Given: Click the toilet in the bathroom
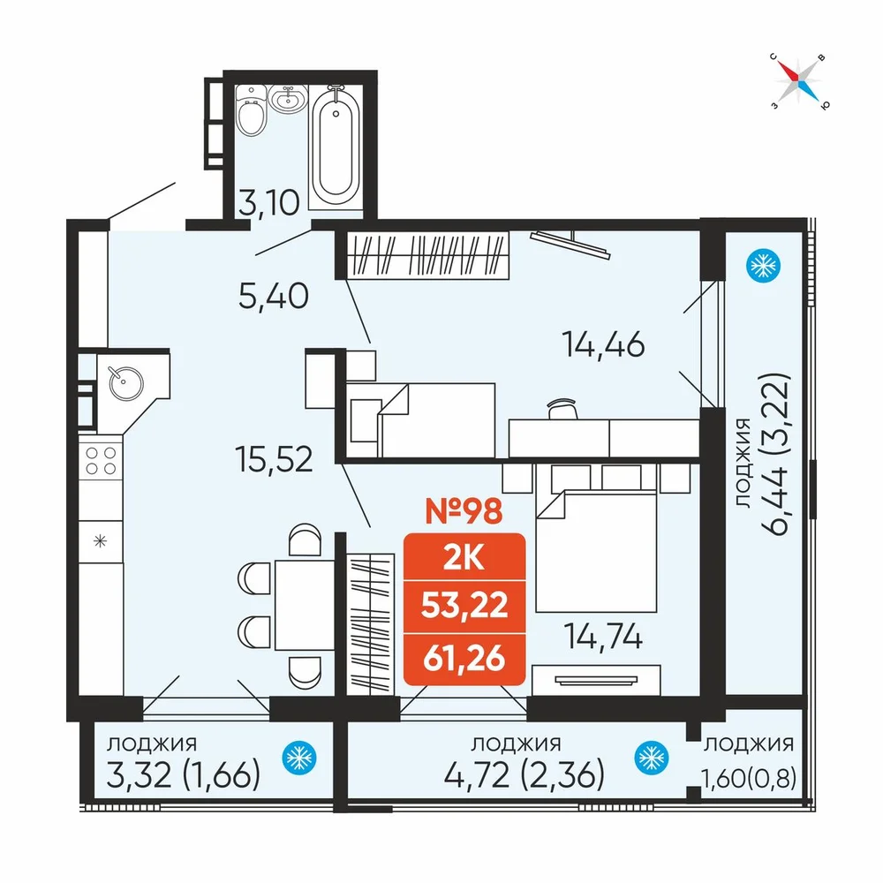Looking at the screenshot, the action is pyautogui.click(x=251, y=111).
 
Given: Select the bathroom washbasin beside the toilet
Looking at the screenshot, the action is pyautogui.click(x=288, y=99).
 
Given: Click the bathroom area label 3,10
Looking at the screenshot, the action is pyautogui.click(x=268, y=203).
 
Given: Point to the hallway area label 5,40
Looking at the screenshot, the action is pyautogui.click(x=274, y=296).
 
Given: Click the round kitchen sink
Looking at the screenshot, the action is pyautogui.click(x=126, y=383).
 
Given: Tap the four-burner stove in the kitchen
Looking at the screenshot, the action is pyautogui.click(x=101, y=461).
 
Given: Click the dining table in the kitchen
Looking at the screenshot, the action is pyautogui.click(x=305, y=605).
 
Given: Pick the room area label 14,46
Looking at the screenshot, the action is pyautogui.click(x=603, y=344).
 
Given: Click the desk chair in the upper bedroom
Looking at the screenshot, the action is pyautogui.click(x=562, y=409).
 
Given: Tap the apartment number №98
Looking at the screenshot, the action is pyautogui.click(x=464, y=511).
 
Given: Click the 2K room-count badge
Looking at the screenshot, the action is pyautogui.click(x=464, y=558).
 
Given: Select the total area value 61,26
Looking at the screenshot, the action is pyautogui.click(x=464, y=659).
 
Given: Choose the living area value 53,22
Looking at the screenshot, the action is pyautogui.click(x=464, y=606).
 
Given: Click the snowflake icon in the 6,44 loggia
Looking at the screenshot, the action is pyautogui.click(x=763, y=266).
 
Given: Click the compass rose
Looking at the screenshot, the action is pyautogui.click(x=800, y=81).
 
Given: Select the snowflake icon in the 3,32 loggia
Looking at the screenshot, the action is pyautogui.click(x=299, y=758).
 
